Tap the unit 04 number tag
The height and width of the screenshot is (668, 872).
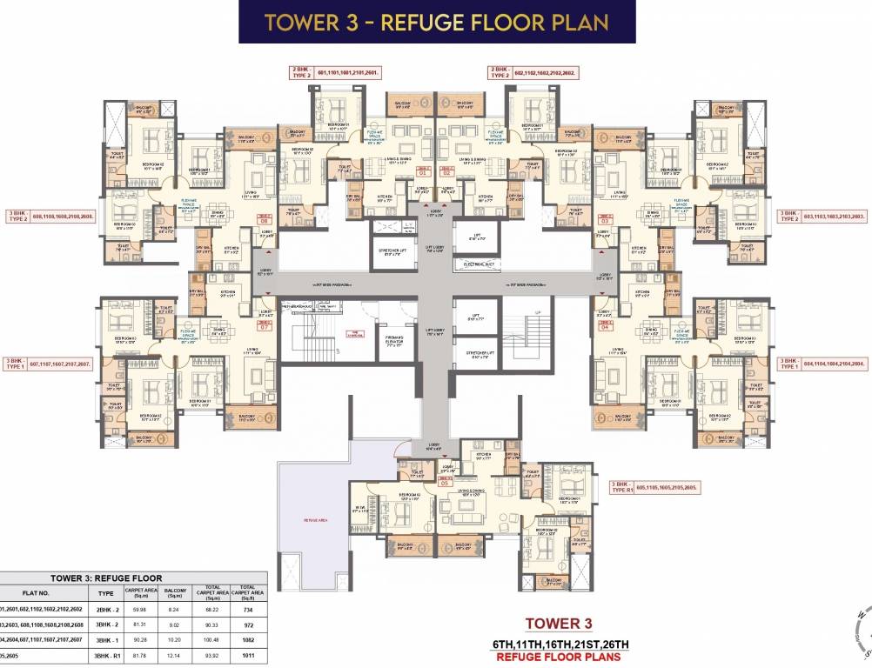(x=605, y=326)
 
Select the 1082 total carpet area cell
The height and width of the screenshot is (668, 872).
(x=246, y=642)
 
